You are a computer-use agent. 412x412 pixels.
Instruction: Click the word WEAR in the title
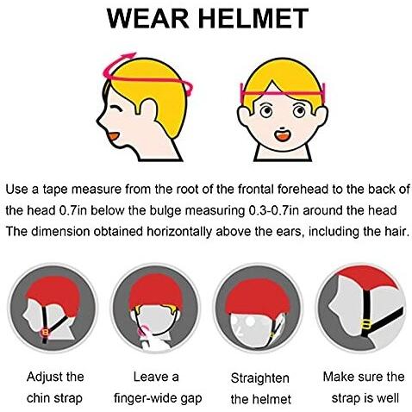tap(148, 19)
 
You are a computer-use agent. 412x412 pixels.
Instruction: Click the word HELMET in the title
tap(253, 19)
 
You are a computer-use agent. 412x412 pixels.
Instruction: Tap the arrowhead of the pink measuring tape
tap(131, 55)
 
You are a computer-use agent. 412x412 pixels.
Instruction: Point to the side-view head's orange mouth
tap(115, 136)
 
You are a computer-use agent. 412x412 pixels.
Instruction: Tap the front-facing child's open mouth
tap(283, 135)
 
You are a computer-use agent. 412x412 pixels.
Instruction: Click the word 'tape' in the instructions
tap(55, 190)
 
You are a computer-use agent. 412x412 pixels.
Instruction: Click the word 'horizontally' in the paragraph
tap(179, 232)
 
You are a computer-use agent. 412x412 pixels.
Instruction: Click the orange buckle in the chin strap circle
tap(46, 332)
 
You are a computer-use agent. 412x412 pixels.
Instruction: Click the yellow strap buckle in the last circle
tap(366, 325)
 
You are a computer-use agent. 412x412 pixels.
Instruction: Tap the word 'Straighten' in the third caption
tap(260, 378)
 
